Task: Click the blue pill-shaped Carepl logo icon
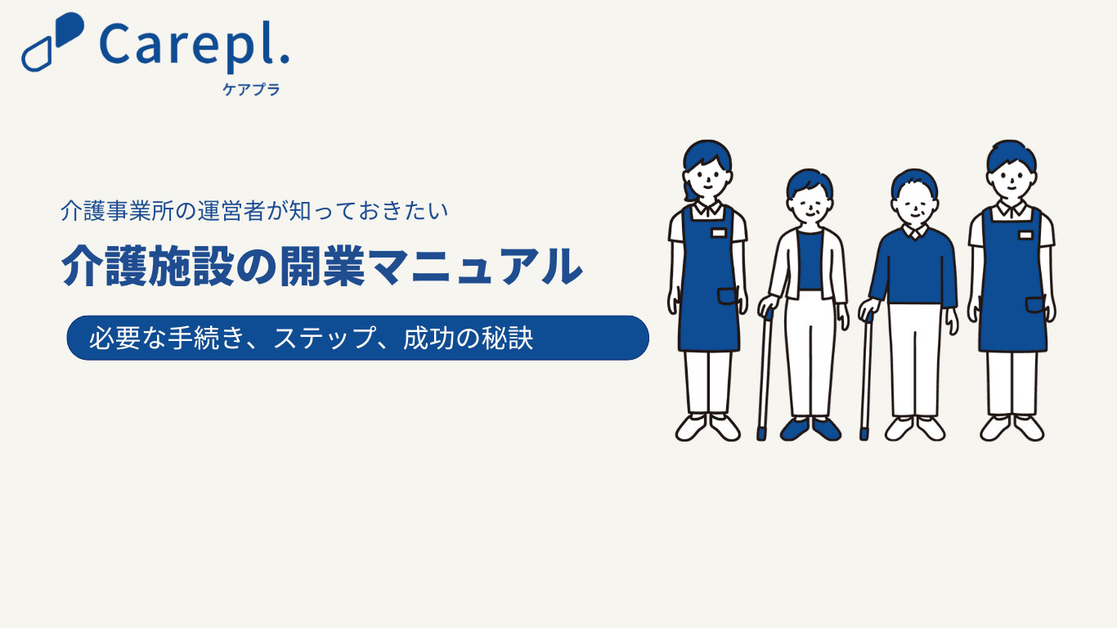tap(52, 42)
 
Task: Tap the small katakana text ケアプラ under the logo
tap(251, 89)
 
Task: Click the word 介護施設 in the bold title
tap(148, 266)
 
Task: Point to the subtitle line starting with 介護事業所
tap(254, 211)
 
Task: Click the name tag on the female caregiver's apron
tap(719, 233)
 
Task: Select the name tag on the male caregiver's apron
tap(1025, 235)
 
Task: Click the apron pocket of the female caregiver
tap(728, 296)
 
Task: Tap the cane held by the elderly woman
tap(765, 375)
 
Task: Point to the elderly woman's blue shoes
tap(810, 429)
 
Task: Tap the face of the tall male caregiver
tap(1012, 178)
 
